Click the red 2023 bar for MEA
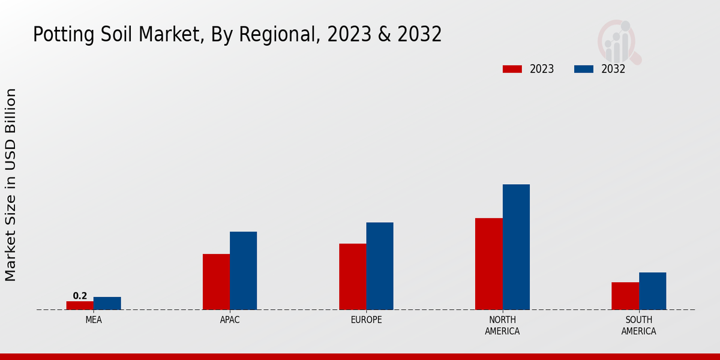[80, 305]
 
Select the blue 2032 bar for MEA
[107, 304]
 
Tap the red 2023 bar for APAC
[216, 282]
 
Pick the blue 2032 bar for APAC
[244, 271]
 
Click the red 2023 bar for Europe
[353, 277]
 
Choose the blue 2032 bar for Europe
[380, 266]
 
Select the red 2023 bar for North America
[489, 264]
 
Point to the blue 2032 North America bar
[516, 247]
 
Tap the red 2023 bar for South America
[625, 296]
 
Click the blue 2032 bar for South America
[653, 291]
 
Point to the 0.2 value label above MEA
[80, 296]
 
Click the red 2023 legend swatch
[512, 69]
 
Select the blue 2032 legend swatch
[584, 69]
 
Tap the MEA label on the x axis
[94, 320]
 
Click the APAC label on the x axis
[230, 320]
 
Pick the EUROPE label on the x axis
[366, 320]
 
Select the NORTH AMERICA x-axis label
[503, 325]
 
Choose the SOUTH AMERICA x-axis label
[638, 325]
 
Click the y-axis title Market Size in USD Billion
[11, 185]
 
